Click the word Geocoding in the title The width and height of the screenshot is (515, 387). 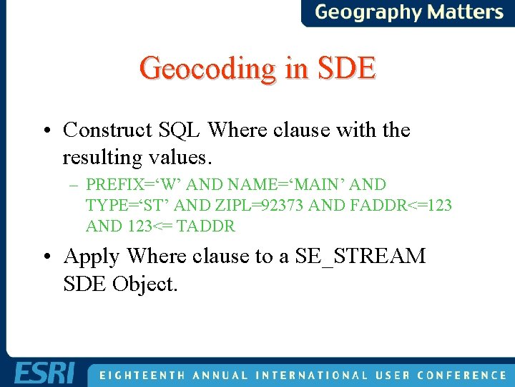click(205, 69)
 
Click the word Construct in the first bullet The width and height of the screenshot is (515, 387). click(107, 130)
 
